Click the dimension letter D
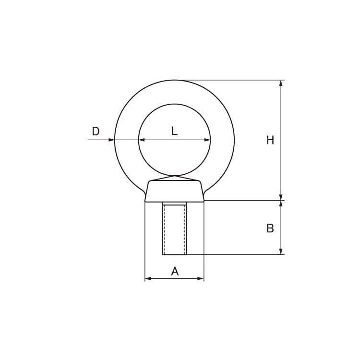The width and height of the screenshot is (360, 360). point(96,131)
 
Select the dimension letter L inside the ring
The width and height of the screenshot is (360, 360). point(174,131)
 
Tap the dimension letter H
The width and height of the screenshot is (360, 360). point(270,140)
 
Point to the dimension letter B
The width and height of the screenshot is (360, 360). point(270,228)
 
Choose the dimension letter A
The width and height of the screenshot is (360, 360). point(175,272)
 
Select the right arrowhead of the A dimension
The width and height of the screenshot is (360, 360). point(201,278)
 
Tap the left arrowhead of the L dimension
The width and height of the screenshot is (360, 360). point(142,140)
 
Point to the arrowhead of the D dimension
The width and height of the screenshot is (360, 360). point(111,140)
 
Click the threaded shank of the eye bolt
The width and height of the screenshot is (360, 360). point(174,228)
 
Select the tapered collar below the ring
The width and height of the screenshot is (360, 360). point(174,191)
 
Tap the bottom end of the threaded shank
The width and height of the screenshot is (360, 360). point(174,254)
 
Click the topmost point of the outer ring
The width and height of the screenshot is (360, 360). point(174,80)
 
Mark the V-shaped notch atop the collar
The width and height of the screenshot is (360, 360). point(174,179)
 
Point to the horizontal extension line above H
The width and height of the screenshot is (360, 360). point(230,80)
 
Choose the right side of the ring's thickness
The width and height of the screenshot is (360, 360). point(223,140)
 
